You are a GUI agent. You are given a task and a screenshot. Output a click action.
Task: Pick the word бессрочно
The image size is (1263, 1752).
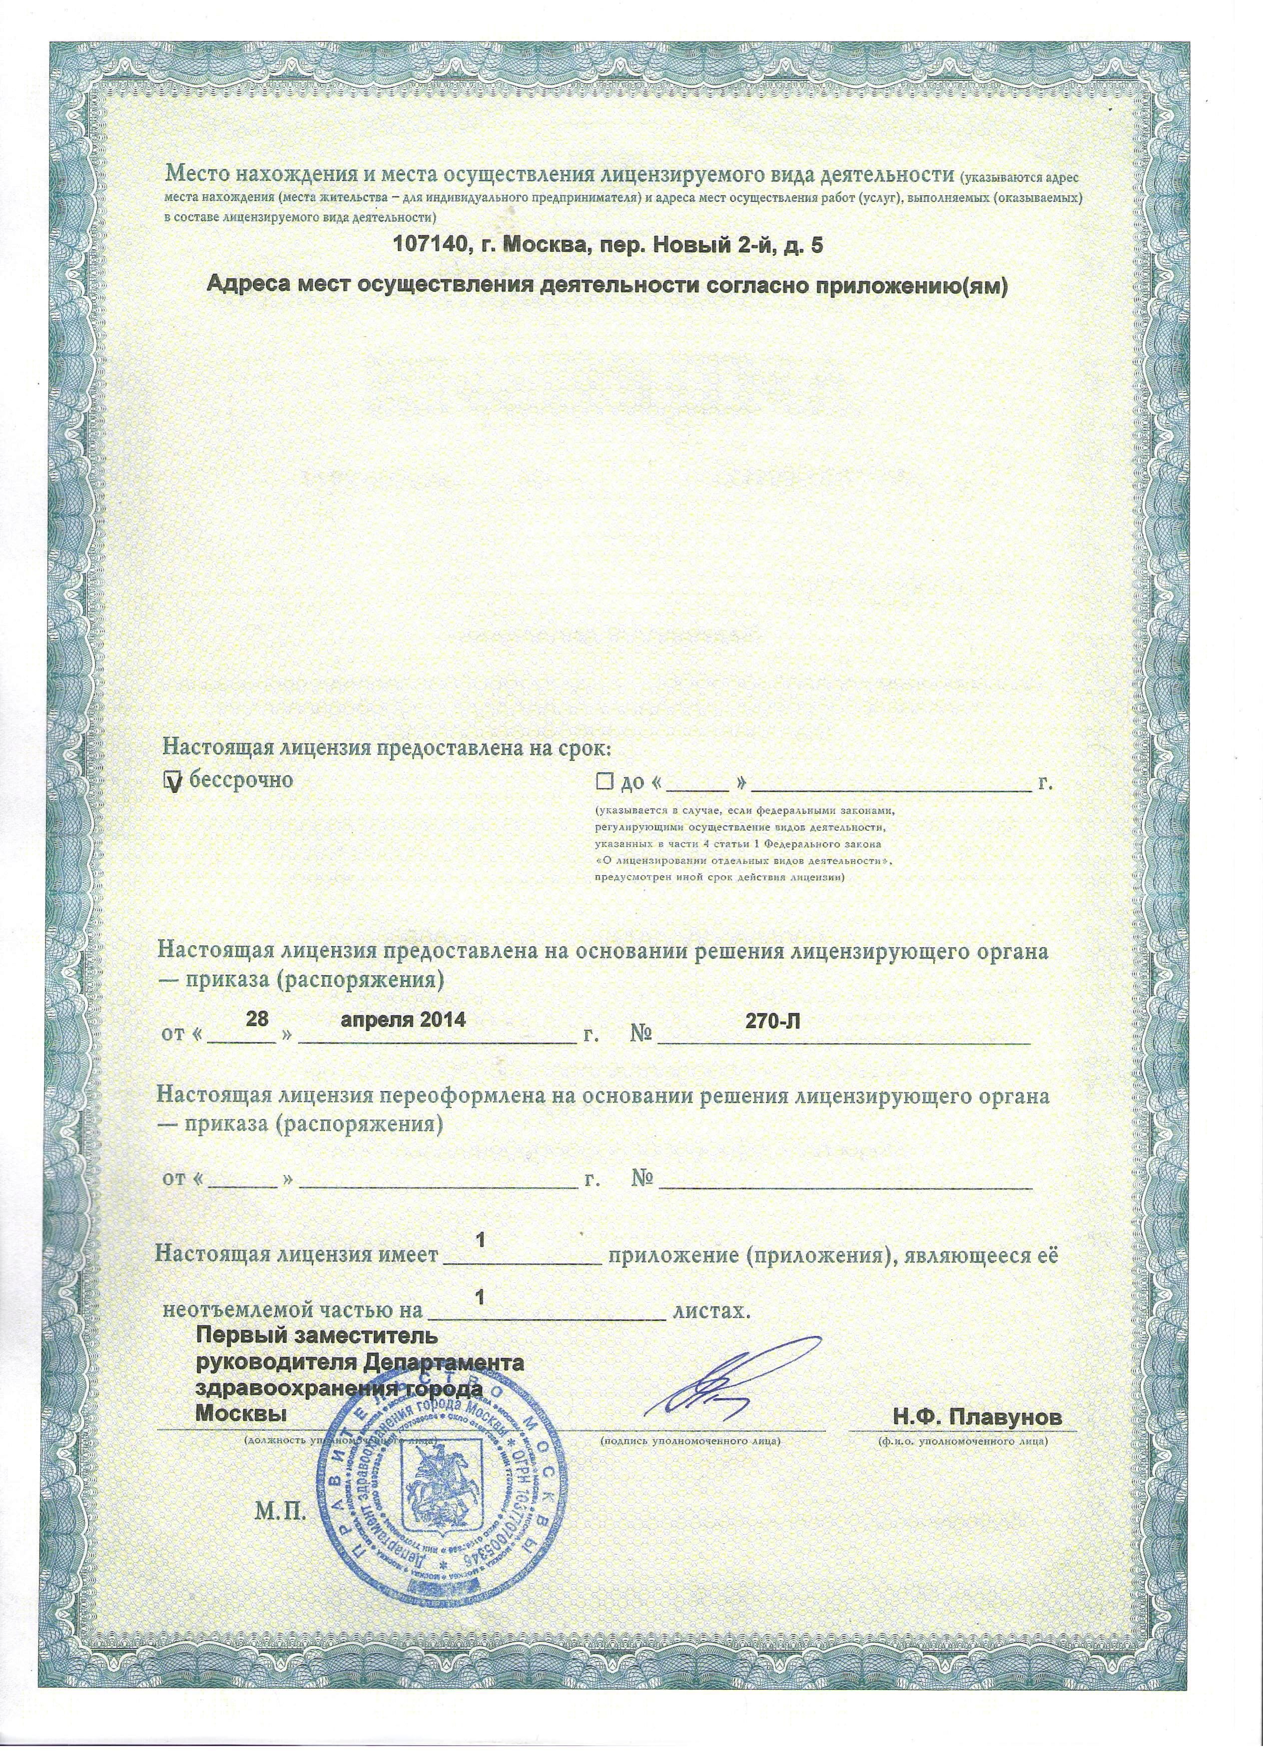241,779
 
